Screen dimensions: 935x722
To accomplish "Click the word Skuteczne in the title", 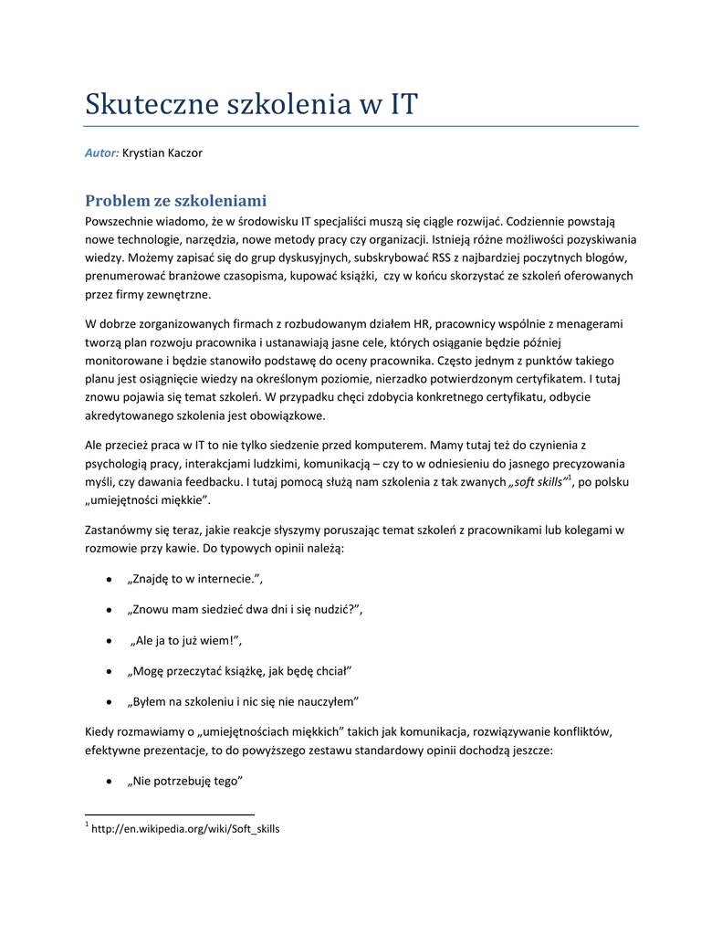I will coord(146,103).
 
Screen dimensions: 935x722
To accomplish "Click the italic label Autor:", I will coord(102,152).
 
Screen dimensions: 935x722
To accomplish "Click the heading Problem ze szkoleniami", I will coord(175,200).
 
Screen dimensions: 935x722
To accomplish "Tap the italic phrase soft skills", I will coord(537,481).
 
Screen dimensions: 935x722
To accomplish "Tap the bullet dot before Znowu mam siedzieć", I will coord(110,610).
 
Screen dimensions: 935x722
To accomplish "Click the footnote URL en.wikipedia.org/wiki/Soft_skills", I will coord(186,829).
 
